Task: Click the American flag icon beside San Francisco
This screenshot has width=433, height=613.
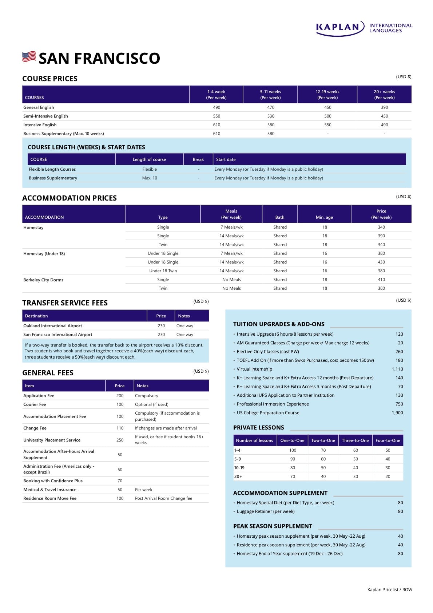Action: click(29, 57)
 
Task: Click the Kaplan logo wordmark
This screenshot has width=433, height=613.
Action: click(338, 27)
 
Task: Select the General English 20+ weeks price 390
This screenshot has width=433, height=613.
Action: click(384, 107)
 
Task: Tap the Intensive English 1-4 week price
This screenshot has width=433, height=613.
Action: click(216, 125)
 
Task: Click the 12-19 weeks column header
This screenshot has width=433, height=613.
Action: click(327, 95)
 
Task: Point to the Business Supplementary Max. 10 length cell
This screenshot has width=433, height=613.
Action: click(150, 178)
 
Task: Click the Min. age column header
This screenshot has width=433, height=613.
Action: click(324, 217)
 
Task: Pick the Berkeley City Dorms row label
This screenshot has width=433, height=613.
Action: click(43, 280)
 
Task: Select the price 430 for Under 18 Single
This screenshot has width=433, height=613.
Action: click(381, 262)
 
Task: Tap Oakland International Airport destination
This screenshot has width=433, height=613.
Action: click(53, 326)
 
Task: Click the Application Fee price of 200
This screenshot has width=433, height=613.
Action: click(120, 396)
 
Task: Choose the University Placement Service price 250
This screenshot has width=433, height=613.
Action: click(120, 440)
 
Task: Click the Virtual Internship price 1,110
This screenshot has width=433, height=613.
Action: click(397, 369)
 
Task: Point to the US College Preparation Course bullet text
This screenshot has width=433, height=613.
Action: click(268, 413)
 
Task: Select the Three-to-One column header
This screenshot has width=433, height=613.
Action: click(355, 440)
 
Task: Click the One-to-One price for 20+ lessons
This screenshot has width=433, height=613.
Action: click(293, 476)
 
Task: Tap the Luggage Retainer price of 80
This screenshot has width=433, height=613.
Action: click(400, 511)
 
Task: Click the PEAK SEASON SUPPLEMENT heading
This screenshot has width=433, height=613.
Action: click(273, 526)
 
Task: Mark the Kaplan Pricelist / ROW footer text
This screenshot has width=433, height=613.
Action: click(390, 590)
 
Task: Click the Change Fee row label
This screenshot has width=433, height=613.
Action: click(35, 428)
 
